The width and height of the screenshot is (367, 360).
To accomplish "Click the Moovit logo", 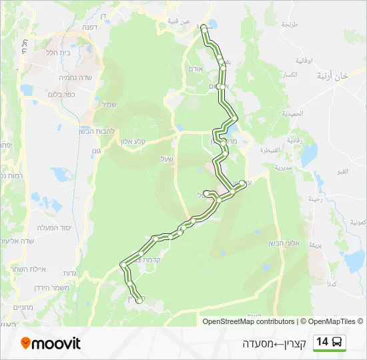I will point(51,343).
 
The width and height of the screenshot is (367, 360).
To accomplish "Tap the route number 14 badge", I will point(322,342).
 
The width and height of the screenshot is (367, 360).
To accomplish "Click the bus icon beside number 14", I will point(338,342).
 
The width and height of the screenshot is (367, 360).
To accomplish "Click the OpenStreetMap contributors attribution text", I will point(248,321).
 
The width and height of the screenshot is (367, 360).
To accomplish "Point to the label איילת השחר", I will point(47,270).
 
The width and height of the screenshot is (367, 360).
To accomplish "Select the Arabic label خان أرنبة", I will point(334,76).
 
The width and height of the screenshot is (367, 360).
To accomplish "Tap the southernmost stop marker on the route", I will point(139,301).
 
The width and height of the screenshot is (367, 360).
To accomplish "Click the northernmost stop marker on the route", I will point(203,29).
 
